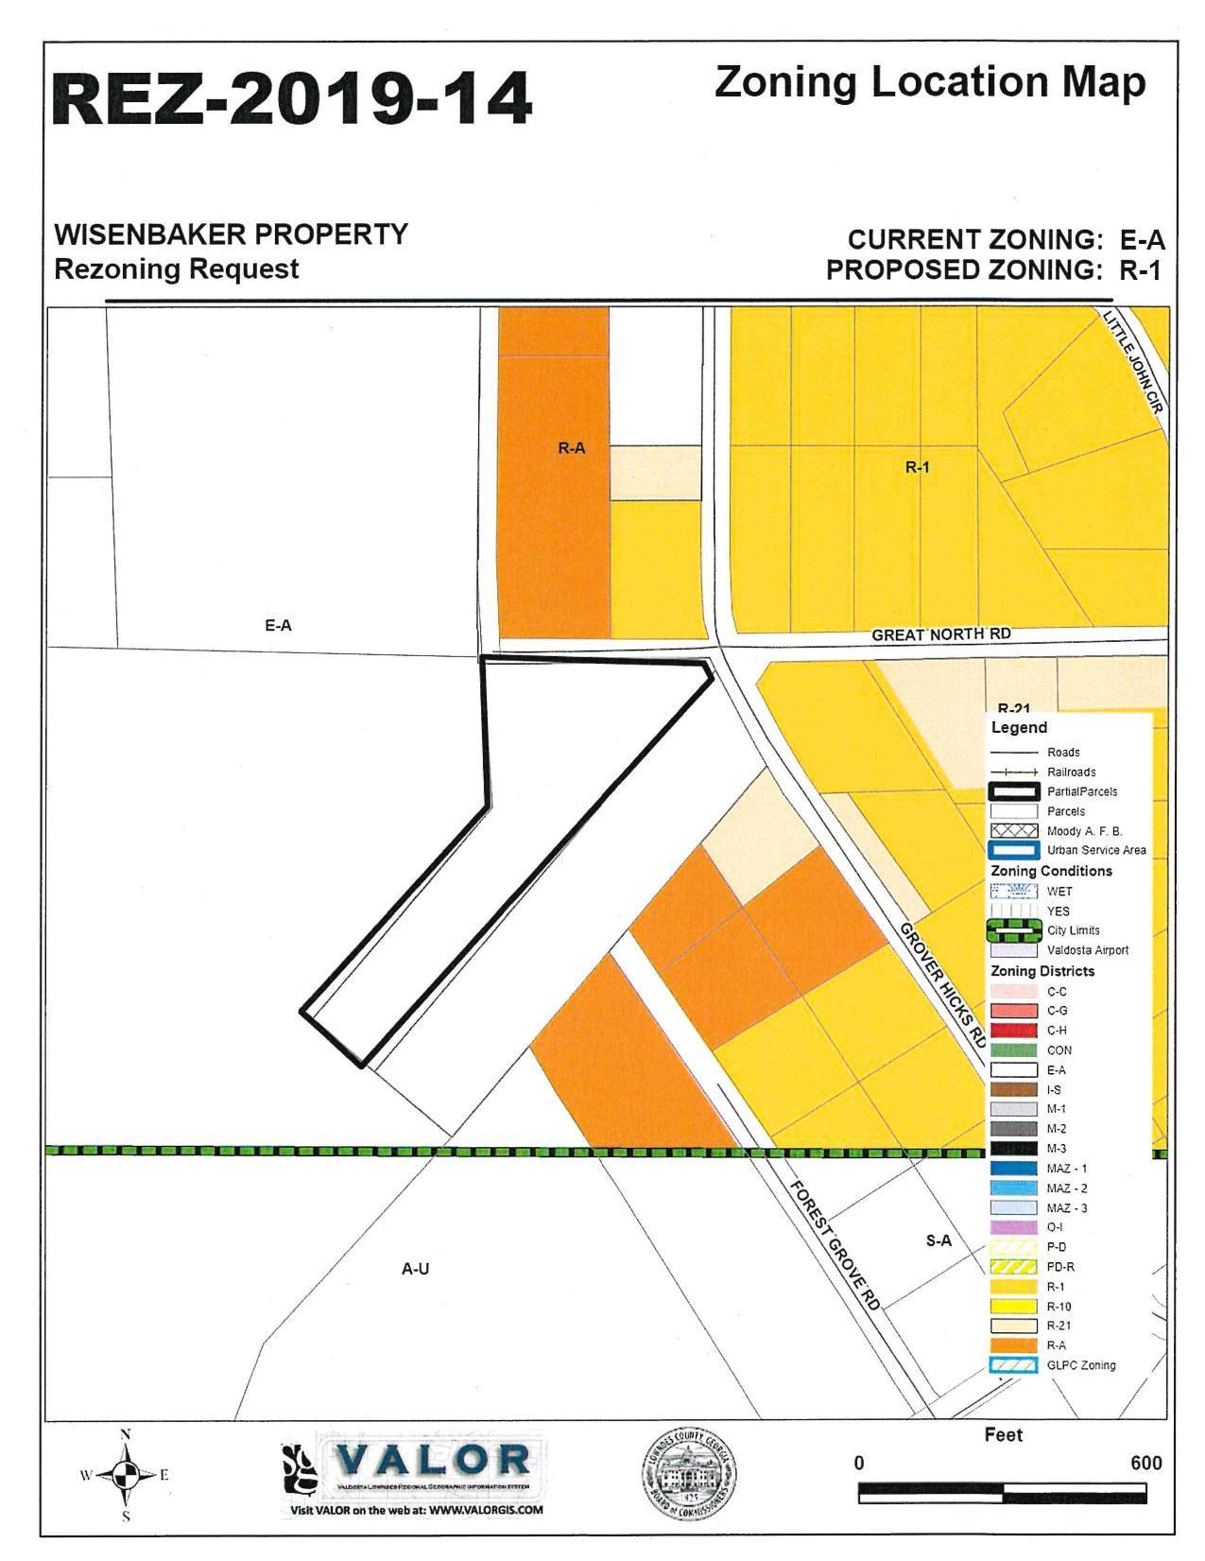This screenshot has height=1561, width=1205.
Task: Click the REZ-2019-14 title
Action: point(291,99)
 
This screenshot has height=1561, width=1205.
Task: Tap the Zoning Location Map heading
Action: point(930,83)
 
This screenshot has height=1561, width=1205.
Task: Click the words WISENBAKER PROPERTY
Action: point(232,234)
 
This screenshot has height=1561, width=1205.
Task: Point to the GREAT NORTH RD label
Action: point(940,633)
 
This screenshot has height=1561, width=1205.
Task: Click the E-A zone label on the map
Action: point(278,625)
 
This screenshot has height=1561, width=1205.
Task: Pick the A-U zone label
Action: point(416,1269)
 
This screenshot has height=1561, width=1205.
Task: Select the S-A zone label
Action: point(938,1240)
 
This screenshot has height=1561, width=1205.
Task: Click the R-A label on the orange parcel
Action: point(571,448)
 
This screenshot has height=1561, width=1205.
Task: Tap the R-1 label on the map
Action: point(918,466)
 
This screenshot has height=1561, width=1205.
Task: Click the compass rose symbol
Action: point(126,1474)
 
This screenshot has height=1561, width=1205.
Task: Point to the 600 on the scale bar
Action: point(1145,1463)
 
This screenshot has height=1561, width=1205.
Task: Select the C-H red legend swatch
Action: point(1013,1031)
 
